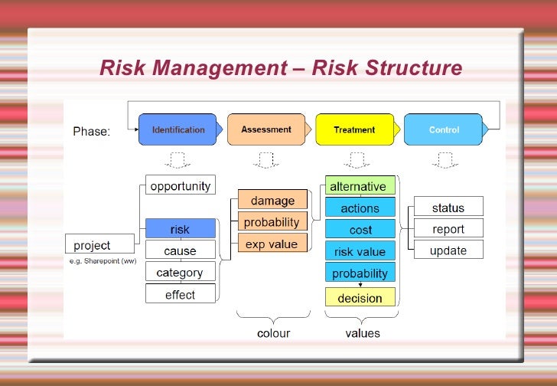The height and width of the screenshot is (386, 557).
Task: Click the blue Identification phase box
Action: click(x=178, y=129)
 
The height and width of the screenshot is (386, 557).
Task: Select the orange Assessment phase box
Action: click(x=266, y=129)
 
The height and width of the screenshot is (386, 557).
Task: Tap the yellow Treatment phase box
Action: click(x=354, y=129)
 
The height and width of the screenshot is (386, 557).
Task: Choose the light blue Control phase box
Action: click(x=444, y=129)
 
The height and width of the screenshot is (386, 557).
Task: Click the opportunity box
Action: click(x=181, y=185)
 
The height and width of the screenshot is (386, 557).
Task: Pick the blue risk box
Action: click(x=181, y=229)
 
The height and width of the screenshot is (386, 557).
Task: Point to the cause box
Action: click(x=181, y=250)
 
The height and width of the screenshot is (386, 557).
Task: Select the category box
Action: click(x=181, y=273)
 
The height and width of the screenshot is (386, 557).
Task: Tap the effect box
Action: click(x=181, y=294)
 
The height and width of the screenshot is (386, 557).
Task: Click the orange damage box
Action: click(x=272, y=201)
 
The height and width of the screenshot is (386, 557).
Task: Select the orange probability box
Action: click(x=272, y=222)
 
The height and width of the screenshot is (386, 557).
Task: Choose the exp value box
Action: click(x=272, y=244)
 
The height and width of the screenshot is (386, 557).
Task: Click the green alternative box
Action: click(x=360, y=186)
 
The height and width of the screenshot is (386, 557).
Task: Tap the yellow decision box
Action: click(x=360, y=297)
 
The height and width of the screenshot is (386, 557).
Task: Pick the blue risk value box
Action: click(x=360, y=251)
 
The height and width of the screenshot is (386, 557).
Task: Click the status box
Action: click(x=448, y=208)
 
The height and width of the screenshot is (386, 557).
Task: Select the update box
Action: click(x=448, y=250)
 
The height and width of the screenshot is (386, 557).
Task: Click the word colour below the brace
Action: click(x=273, y=333)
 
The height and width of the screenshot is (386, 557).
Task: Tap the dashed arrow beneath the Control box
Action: click(x=444, y=160)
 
